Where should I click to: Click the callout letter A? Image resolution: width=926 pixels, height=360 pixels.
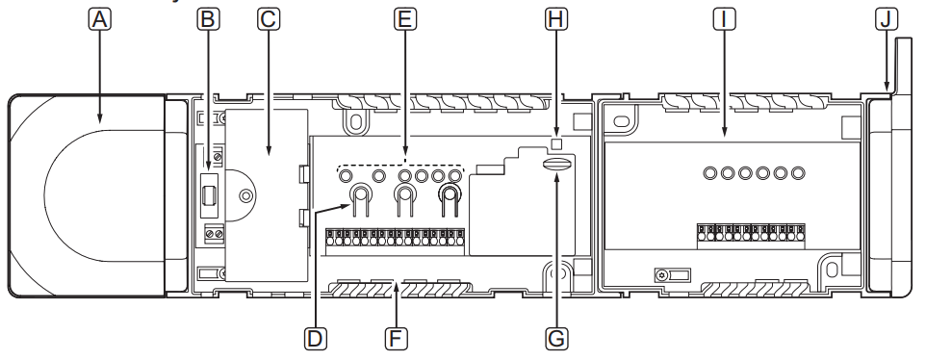(100, 19)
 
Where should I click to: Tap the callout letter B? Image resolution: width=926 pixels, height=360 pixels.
(207, 19)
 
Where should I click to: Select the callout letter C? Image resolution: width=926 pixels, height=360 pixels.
(269, 19)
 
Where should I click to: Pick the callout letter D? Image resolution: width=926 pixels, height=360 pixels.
(316, 339)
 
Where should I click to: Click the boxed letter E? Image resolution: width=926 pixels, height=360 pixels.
(405, 19)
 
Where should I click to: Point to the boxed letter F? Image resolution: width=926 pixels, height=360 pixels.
(397, 339)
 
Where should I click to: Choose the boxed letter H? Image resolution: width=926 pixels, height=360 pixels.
(556, 19)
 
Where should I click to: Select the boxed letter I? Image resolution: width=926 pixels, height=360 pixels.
(724, 19)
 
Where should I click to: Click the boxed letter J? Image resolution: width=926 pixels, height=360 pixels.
(886, 19)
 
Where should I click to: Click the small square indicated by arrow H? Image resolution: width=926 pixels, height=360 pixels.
(555, 142)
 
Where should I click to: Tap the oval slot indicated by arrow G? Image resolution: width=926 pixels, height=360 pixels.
(557, 164)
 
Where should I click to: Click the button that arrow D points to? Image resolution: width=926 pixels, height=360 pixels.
(360, 193)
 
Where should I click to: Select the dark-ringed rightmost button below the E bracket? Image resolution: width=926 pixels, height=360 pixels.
(450, 193)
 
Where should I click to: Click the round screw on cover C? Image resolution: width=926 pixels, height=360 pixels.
(244, 194)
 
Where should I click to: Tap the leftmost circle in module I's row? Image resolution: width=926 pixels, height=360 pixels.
(710, 173)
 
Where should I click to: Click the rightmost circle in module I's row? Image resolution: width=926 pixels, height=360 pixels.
(798, 173)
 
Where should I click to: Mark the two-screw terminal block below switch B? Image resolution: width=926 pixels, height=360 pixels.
(215, 234)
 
